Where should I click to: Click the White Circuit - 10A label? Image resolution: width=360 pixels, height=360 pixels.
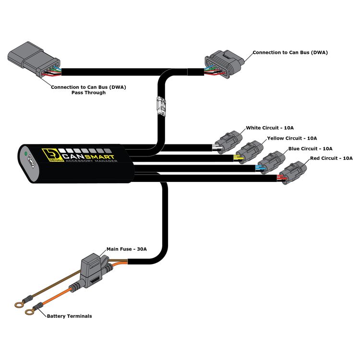270,128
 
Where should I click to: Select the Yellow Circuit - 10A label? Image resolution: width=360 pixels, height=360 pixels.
292,138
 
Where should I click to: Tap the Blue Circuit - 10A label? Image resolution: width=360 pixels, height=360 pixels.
310,148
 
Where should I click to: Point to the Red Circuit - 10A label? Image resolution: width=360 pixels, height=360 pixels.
331,158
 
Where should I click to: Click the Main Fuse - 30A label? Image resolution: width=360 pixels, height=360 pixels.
127,249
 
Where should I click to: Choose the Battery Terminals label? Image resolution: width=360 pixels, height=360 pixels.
69,316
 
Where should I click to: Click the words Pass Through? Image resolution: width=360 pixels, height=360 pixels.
88,93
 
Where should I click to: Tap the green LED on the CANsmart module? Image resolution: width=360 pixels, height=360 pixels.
26,153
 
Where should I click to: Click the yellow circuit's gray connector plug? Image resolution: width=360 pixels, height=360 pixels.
250,152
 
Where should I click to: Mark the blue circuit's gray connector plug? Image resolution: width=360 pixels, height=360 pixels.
271,162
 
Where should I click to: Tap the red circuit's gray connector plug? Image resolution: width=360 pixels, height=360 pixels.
293,172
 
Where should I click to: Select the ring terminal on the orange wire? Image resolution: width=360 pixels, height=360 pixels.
29,312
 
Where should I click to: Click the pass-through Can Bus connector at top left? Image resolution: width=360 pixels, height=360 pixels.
34,59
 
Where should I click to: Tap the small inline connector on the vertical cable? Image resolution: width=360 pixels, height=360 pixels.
162,106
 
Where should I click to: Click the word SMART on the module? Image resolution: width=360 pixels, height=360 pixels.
100,157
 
